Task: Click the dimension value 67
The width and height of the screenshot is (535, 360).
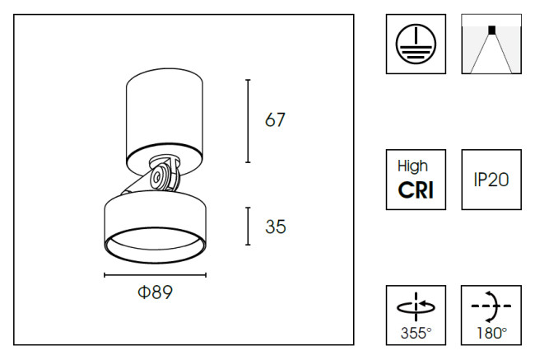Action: [275, 120]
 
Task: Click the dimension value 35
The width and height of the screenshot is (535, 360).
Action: [276, 227]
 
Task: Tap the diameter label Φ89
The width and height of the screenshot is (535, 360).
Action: [155, 292]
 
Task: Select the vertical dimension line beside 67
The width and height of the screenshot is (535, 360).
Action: [249, 120]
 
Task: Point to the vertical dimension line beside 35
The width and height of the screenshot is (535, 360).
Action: [249, 227]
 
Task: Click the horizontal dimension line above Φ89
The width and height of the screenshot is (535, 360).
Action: [155, 275]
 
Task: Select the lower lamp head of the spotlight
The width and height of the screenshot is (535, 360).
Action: [155, 218]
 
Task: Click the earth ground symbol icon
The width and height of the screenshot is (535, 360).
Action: [416, 43]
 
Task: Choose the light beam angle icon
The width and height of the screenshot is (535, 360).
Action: [491, 44]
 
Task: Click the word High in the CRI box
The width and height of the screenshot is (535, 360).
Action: [416, 166]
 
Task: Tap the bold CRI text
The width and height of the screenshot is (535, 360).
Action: [416, 190]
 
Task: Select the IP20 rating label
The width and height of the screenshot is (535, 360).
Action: [491, 180]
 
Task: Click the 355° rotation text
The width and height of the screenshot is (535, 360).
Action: [416, 333]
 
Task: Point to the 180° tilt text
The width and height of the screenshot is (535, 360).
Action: [491, 333]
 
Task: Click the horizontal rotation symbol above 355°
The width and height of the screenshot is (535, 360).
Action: [416, 306]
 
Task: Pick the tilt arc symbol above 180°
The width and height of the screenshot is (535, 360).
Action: [491, 306]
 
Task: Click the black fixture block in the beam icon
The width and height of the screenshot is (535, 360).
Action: [491, 30]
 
